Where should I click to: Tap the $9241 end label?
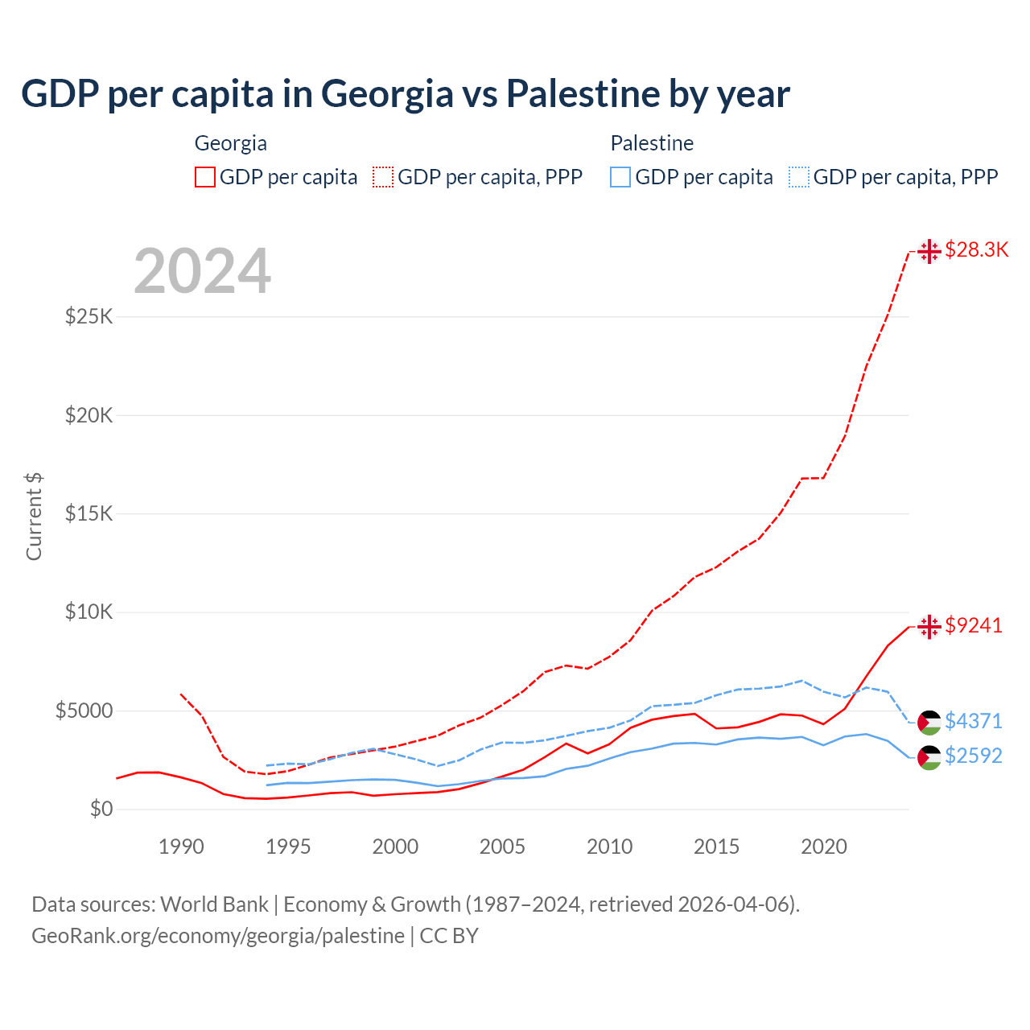(x=974, y=626)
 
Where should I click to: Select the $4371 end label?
(x=974, y=722)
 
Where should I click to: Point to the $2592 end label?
(x=974, y=756)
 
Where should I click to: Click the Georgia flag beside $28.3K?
(x=929, y=251)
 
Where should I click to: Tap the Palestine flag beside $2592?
(x=929, y=757)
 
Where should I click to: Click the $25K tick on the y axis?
(x=89, y=316)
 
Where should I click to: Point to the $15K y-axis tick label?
(x=89, y=513)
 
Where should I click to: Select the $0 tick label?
(x=101, y=809)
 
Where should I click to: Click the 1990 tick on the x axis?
(x=181, y=847)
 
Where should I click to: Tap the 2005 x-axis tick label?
(x=502, y=847)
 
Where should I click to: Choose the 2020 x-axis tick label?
(x=823, y=847)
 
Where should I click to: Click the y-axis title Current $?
(x=34, y=517)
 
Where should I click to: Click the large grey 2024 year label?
(x=203, y=271)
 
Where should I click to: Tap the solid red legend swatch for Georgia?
(x=205, y=177)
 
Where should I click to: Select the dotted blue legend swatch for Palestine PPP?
(x=801, y=177)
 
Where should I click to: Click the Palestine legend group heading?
(x=652, y=143)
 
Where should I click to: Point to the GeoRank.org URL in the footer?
(x=218, y=936)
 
